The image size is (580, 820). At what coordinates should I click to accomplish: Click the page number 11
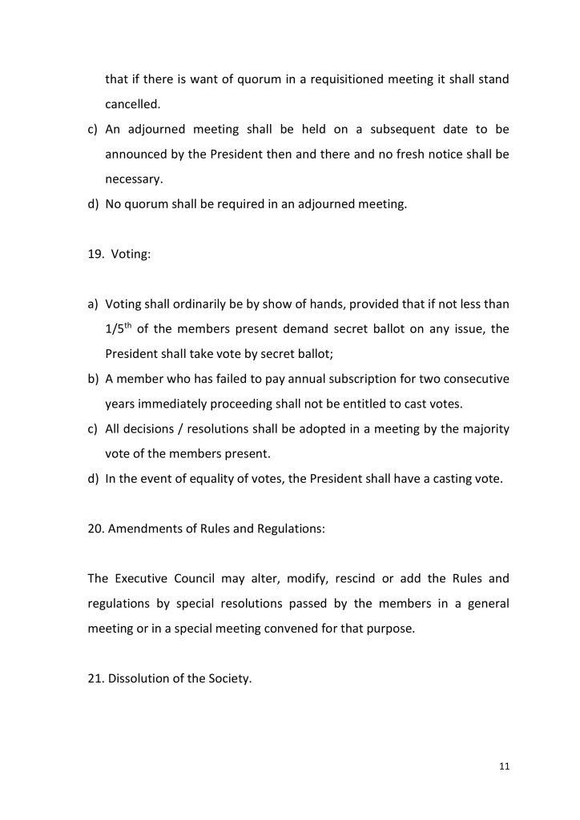[x=504, y=766]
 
